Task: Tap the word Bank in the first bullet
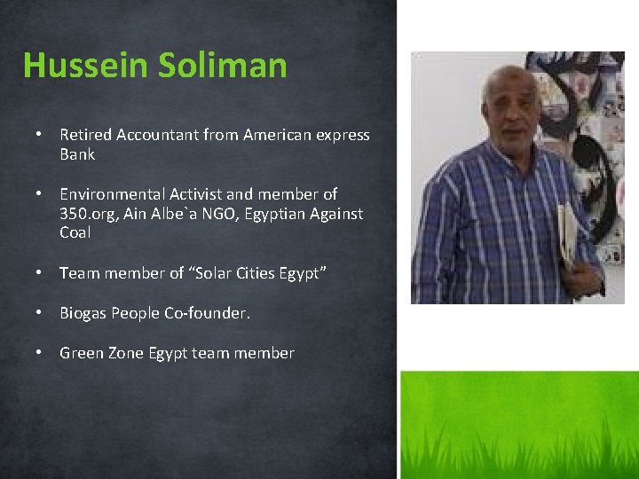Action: (x=77, y=154)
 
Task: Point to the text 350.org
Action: (x=89, y=214)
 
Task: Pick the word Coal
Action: (x=75, y=233)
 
